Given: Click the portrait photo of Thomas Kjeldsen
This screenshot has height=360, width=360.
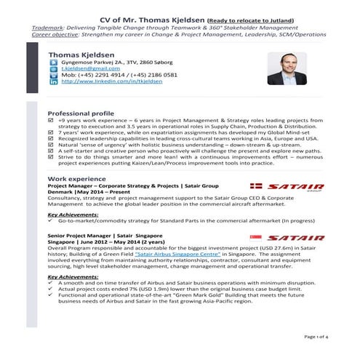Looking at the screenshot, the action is coord(287,68).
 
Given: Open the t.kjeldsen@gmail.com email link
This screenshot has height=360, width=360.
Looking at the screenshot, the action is coord(89,68).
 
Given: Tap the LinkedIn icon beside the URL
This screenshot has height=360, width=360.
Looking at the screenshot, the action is coord(53,82).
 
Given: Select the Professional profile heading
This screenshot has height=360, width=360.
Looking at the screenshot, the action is coord(80,114).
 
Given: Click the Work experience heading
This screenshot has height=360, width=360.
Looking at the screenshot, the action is coord(76,178).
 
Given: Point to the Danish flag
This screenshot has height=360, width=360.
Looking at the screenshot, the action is coord(256,186).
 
